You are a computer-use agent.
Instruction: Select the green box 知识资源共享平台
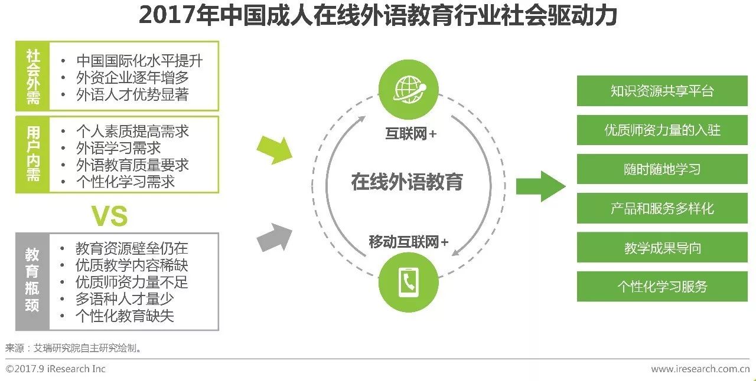pos(662,91)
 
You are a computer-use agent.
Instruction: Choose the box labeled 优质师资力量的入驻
pos(662,130)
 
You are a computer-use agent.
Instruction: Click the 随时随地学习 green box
pos(662,169)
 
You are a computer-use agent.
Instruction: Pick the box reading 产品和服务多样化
pos(662,208)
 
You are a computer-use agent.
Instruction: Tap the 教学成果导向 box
pos(662,248)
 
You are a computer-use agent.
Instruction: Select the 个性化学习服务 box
pos(662,287)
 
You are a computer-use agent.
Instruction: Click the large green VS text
pos(110,216)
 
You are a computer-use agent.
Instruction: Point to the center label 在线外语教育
pos(407,181)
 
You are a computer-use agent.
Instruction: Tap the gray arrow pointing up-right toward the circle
pos(275,238)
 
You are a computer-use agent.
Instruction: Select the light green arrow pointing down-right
pos(275,149)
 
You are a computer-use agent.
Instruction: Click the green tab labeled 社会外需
pos(33,76)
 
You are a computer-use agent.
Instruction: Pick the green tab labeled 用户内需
pos(33,154)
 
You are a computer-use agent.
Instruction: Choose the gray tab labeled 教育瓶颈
pos(32,281)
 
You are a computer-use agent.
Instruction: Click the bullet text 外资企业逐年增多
pos(132,77)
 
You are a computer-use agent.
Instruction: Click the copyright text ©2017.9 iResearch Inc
pos(56,369)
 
